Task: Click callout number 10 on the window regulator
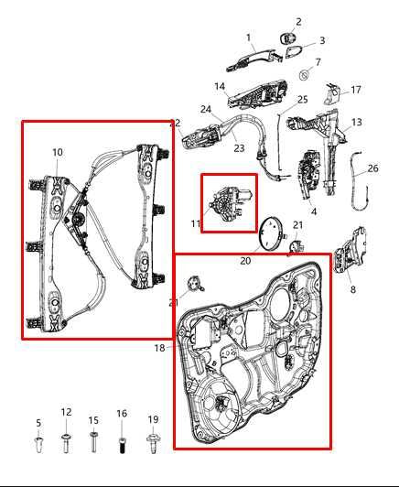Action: click(x=57, y=152)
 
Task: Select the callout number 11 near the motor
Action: click(x=195, y=224)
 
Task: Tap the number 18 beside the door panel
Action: click(x=159, y=348)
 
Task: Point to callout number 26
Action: click(x=372, y=168)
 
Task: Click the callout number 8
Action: click(x=353, y=290)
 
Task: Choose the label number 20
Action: click(x=245, y=261)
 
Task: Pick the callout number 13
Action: click(x=356, y=122)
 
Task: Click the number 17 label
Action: click(x=356, y=90)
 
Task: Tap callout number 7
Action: click(x=318, y=62)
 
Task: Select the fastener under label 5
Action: click(x=38, y=446)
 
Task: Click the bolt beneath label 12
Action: click(x=66, y=445)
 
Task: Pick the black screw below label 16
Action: click(x=122, y=447)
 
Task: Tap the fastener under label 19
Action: click(x=153, y=445)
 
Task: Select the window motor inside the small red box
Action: click(x=230, y=203)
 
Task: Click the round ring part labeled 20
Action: click(x=272, y=234)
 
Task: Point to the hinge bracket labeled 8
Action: click(x=349, y=259)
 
